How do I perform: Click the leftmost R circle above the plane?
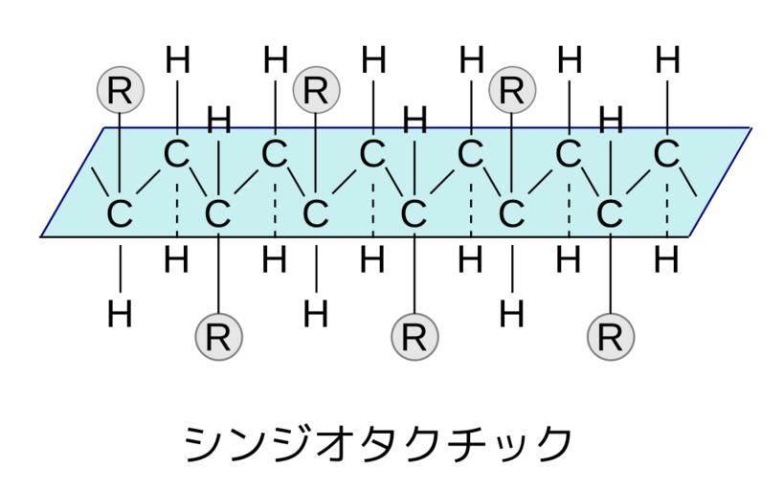(x=120, y=90)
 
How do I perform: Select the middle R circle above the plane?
(x=316, y=90)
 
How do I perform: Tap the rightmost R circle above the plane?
(x=512, y=90)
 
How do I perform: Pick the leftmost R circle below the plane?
(x=218, y=336)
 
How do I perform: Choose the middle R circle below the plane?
(x=414, y=336)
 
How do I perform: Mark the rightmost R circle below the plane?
(x=611, y=336)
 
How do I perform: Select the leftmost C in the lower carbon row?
(x=120, y=213)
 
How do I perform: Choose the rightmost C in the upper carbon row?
(x=668, y=153)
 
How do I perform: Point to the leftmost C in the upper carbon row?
(x=177, y=153)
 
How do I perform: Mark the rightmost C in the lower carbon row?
(x=611, y=213)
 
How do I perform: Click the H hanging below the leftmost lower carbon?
(x=120, y=313)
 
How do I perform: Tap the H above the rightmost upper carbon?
(x=668, y=61)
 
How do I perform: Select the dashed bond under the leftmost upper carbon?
(x=177, y=206)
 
